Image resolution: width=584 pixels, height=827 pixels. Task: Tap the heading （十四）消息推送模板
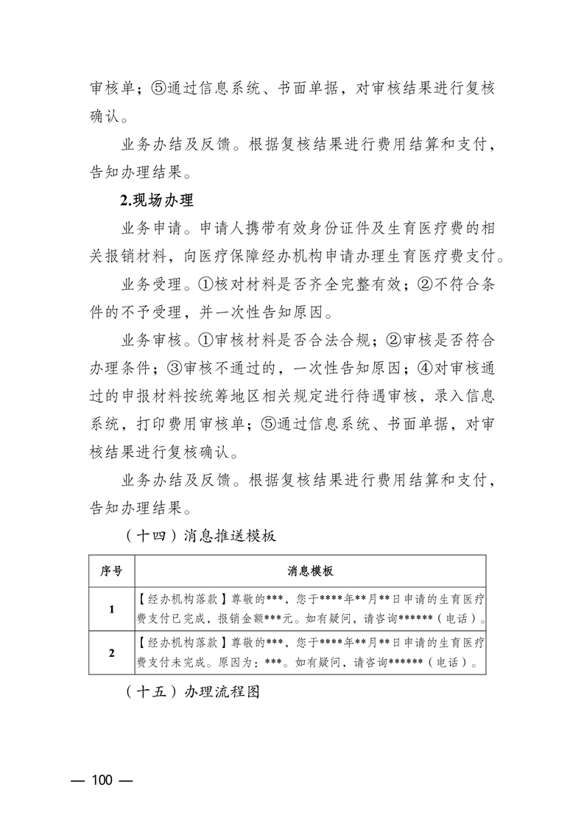pyautogui.click(x=197, y=536)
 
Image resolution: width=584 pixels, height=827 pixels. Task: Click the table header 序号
pyautogui.click(x=111, y=571)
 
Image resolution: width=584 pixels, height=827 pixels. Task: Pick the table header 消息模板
pyautogui.click(x=310, y=571)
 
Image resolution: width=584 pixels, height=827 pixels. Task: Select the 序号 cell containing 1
pyautogui.click(x=111, y=609)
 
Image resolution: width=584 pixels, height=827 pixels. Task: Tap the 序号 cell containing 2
pyautogui.click(x=111, y=652)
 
